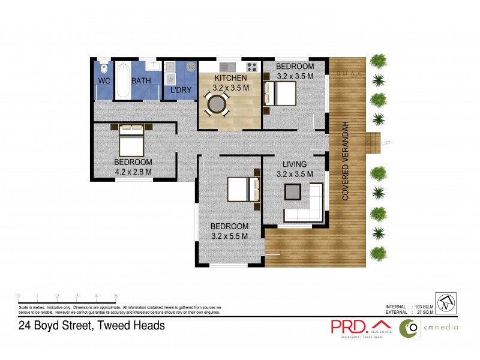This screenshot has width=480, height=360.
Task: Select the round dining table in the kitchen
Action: [x=216, y=106]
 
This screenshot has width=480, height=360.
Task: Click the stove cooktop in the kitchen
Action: [x=251, y=67]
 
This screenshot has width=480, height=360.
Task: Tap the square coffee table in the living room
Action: [x=293, y=191]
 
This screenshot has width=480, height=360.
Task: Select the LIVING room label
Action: [x=292, y=164]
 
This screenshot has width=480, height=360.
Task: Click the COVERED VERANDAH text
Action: [x=346, y=160]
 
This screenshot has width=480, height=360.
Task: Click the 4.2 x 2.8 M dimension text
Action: [x=133, y=172]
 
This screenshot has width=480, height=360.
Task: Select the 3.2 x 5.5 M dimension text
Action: [x=229, y=236]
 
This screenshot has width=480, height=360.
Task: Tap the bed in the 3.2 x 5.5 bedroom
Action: [x=244, y=189]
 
